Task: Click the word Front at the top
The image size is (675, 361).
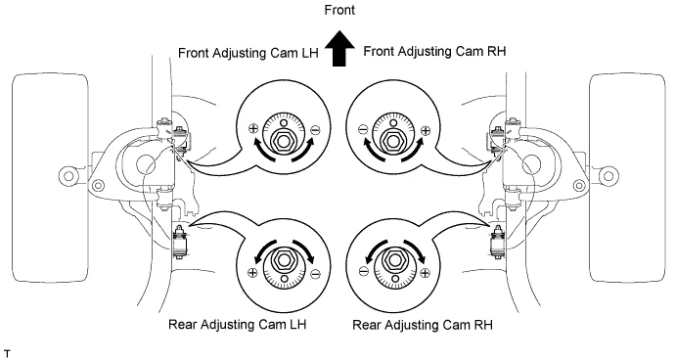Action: click(x=339, y=10)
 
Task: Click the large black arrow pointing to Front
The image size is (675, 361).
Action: click(x=339, y=48)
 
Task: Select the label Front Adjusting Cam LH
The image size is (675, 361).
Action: click(x=248, y=53)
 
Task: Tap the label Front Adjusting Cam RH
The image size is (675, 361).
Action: click(x=434, y=51)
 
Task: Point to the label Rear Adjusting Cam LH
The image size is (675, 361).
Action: click(x=237, y=324)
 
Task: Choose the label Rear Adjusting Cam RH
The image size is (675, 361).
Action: click(x=423, y=325)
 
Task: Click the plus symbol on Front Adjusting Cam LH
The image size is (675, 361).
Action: click(x=252, y=128)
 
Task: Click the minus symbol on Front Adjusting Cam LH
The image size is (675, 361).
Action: click(x=315, y=129)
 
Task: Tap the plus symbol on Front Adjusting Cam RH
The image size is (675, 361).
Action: click(x=425, y=130)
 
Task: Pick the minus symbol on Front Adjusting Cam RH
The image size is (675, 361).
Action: click(x=363, y=128)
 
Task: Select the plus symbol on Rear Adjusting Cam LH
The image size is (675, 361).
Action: click(x=252, y=272)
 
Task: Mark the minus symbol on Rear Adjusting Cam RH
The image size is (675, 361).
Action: click(x=363, y=271)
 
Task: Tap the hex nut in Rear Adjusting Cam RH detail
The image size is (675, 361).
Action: click(x=393, y=260)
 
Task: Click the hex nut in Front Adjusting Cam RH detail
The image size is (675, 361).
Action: click(x=392, y=140)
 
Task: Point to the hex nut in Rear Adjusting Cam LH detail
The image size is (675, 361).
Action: click(x=283, y=260)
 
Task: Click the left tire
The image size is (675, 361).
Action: click(x=50, y=177)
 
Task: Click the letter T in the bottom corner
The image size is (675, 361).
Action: click(x=7, y=354)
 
